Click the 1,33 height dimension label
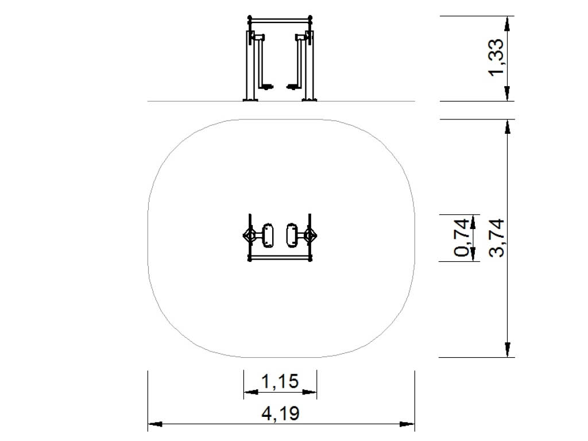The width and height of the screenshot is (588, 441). tap(497, 57)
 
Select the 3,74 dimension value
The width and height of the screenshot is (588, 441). tap(497, 238)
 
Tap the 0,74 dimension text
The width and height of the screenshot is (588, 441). tap(462, 237)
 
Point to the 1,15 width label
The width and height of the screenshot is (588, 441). tap(280, 382)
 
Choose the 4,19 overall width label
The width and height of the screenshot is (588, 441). tap(280, 414)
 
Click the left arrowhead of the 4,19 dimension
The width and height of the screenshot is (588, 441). tap(155, 424)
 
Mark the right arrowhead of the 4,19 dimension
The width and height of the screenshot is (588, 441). tap(407, 424)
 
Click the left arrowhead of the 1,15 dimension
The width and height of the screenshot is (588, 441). tap(251, 392)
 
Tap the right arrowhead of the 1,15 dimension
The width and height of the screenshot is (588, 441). tap(310, 392)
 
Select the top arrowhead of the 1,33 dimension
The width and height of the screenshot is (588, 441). tap(507, 23)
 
